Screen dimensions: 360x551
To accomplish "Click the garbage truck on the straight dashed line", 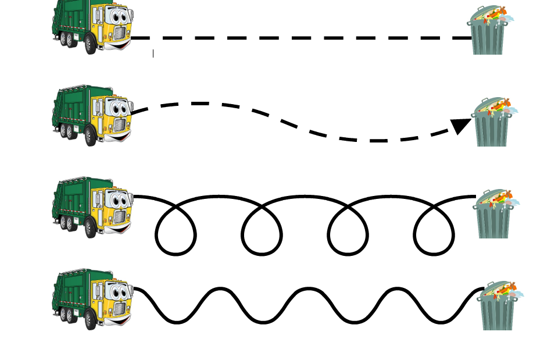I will pos(93,26).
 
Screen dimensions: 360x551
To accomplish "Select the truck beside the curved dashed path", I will pos(93,115).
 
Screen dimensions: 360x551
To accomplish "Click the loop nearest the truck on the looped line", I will pos(176,236).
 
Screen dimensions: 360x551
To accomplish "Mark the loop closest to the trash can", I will pos(434,236).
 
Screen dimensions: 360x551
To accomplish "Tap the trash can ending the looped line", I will pos(494,215).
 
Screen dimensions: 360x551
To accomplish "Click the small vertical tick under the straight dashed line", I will pos(153,54).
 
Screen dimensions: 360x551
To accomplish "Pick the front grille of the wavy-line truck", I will pos(120,309).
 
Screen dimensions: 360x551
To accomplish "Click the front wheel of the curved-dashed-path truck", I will pos(91,137).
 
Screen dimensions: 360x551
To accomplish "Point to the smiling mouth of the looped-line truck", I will pos(123,229).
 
